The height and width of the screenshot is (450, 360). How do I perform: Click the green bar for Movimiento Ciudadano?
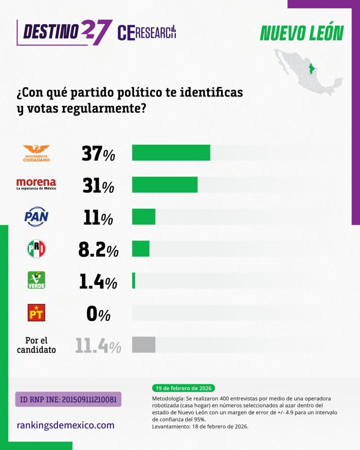171,152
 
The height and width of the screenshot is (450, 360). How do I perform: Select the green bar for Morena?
165,185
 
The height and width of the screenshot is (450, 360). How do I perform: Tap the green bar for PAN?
144,217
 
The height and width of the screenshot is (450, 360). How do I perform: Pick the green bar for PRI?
141,248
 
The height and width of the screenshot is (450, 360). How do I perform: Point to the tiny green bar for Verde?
134,280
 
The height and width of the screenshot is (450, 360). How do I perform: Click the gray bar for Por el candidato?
144,345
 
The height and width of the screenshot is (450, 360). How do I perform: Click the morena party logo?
36,184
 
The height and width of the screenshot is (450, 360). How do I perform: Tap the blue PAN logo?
36,217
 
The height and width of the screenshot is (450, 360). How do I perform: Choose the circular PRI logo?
36,249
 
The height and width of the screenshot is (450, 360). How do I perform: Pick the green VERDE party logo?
36,280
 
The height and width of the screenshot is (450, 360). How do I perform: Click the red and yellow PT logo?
36,312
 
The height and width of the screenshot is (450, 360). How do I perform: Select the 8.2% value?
98,250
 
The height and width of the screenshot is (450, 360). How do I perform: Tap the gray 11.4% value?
98,346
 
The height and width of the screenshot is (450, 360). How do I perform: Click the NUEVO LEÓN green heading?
302,33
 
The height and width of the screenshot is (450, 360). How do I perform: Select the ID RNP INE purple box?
68,399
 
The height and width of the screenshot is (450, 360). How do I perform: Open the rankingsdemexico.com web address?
65,425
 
